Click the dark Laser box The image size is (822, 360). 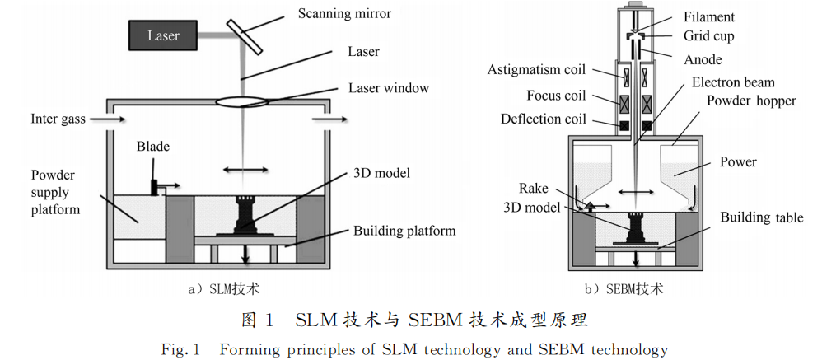[x=163, y=35]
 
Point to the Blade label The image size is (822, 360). [x=153, y=147]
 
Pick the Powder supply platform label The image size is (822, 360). [x=56, y=192]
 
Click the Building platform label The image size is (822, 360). [x=404, y=231]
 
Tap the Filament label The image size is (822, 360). [x=709, y=16]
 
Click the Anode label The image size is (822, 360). [x=703, y=59]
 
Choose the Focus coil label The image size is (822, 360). [x=556, y=96]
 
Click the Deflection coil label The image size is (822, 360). [x=544, y=119]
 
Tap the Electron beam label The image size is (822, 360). [x=733, y=82]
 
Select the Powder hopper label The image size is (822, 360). [x=751, y=101]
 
